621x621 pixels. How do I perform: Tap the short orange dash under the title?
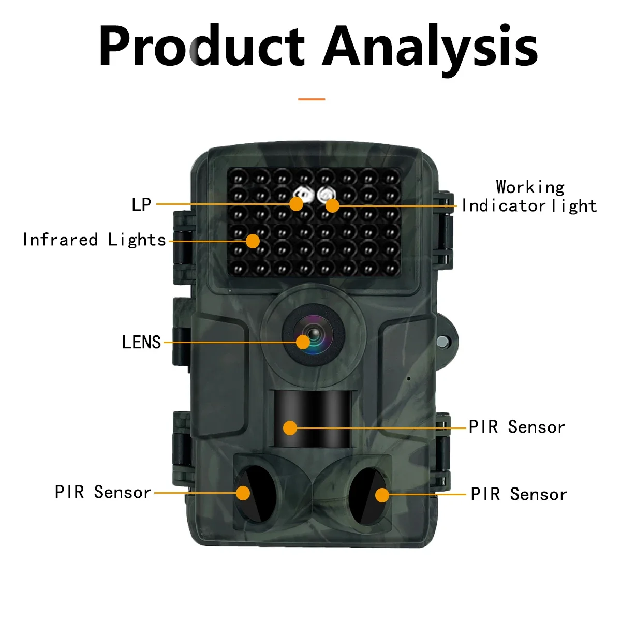pos(312,99)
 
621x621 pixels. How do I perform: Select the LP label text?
pos(141,204)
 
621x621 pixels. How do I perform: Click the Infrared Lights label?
pos(94,240)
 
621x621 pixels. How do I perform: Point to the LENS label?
pos(141,343)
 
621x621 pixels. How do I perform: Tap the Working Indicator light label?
pos(529,197)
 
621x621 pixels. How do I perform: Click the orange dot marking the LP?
pos(296,204)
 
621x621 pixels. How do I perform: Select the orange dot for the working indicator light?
pos(332,205)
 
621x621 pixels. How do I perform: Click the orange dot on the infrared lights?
pos(253,241)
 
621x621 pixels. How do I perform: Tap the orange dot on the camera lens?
pos(303,342)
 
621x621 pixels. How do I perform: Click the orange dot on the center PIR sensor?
pos(290,428)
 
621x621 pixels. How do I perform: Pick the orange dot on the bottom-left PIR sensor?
pos(243,493)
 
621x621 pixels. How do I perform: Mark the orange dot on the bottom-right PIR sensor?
pos(382,495)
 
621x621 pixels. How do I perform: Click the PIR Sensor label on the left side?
pos(102,492)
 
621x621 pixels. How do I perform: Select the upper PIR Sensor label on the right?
pos(516,427)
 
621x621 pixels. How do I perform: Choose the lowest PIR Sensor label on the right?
pos(519,495)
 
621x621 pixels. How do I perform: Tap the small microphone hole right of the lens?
pos(408,378)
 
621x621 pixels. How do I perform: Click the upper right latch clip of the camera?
pos(443,228)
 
